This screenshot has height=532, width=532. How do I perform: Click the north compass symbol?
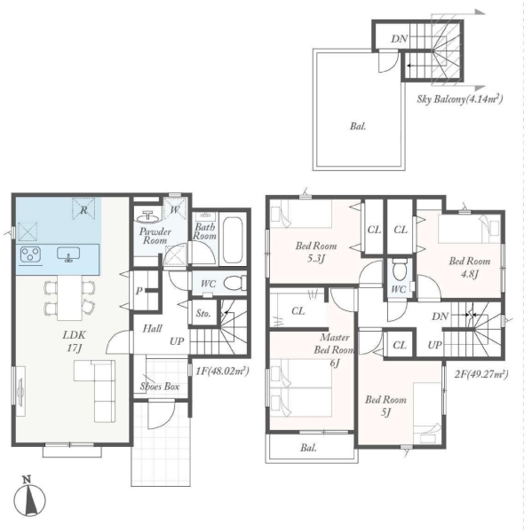point(29,498)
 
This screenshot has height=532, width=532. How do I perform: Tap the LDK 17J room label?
point(74,341)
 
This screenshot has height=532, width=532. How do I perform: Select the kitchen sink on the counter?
point(68,254)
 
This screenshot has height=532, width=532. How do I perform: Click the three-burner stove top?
point(30,254)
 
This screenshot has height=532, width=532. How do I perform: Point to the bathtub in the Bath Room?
point(233,239)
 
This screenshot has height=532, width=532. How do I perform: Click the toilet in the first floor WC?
point(235,283)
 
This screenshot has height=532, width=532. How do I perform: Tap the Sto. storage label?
point(203,314)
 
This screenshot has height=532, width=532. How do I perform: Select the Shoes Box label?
point(160,386)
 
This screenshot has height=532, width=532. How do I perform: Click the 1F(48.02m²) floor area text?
point(222,371)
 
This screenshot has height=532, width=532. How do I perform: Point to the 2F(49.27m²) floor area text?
point(481,374)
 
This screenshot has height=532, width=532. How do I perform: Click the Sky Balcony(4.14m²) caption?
point(460,98)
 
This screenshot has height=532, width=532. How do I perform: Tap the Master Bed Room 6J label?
point(335,350)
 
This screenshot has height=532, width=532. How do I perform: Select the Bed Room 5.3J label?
point(316,252)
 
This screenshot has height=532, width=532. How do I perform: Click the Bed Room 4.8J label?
point(470,267)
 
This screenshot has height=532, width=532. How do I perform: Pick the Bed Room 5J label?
point(385,406)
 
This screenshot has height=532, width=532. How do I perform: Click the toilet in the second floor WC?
point(400,270)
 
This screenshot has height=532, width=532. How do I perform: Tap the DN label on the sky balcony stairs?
point(399,39)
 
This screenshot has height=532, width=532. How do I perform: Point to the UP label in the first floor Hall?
point(177,341)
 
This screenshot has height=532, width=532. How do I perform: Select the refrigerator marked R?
point(83,209)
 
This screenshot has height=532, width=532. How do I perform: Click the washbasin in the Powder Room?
point(148,216)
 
